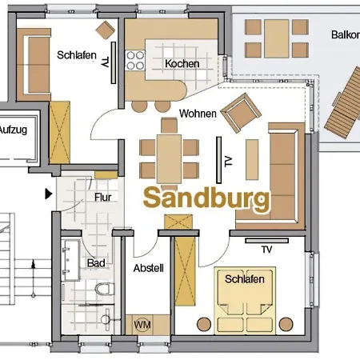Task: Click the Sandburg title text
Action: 206,198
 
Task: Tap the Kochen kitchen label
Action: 182,64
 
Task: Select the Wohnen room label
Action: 198,114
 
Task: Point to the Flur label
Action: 103,196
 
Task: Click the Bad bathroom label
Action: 96,262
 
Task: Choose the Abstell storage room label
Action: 148,268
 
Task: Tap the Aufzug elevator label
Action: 14,129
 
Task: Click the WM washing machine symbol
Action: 142,326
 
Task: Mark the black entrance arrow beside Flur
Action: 49,193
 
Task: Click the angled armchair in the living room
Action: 238,113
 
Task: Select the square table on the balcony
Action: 267,35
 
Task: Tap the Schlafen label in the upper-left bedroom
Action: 77,55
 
